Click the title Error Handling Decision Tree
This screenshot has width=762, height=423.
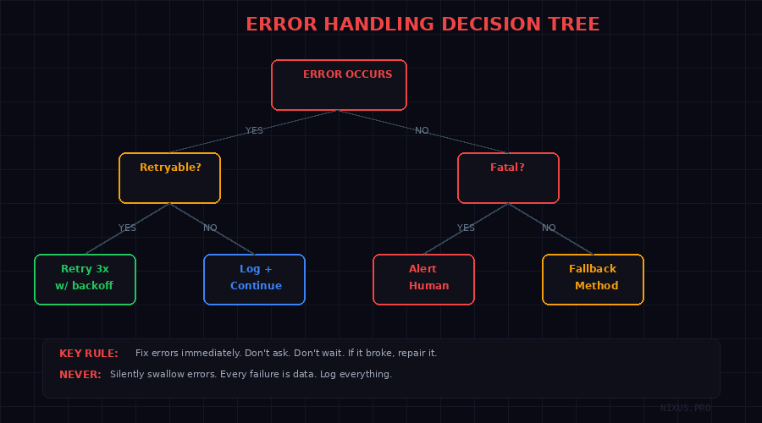click(422, 25)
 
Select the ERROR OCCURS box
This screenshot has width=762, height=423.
click(339, 85)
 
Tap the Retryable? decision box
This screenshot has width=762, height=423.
click(169, 178)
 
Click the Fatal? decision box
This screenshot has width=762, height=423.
click(508, 178)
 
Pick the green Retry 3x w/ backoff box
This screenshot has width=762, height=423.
click(85, 279)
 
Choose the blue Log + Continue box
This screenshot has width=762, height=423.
click(254, 279)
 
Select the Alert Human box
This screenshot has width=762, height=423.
click(423, 279)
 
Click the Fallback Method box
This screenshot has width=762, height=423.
click(593, 279)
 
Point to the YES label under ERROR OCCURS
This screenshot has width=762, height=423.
click(254, 131)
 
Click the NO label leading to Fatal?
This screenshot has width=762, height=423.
click(422, 131)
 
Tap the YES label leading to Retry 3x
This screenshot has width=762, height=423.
click(127, 228)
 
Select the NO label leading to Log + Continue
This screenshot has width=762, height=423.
click(210, 228)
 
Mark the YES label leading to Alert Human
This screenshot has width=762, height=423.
click(466, 228)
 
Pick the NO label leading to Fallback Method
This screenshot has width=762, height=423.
click(549, 228)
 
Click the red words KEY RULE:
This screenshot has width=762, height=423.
click(89, 354)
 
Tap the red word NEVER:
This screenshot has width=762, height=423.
click(80, 374)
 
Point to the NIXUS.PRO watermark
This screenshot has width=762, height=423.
click(686, 408)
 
